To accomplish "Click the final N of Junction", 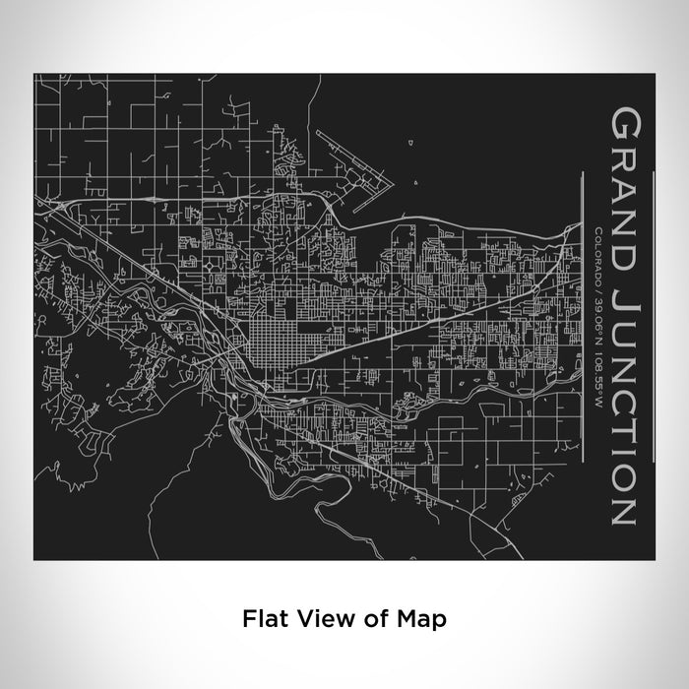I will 626,508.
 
